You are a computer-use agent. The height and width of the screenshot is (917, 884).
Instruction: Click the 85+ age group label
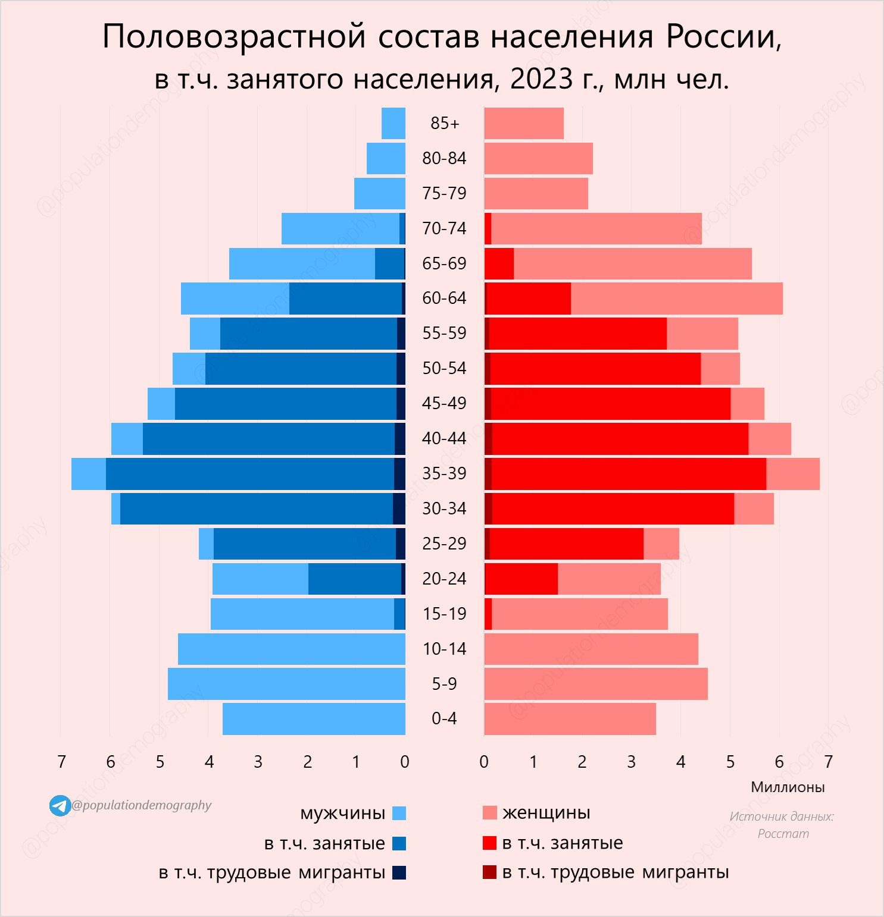pos(445,123)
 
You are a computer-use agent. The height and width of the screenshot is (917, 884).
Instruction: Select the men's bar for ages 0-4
pos(314,718)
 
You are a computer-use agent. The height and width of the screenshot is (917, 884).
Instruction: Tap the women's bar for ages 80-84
pos(538,158)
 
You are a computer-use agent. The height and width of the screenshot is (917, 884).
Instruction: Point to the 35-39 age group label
pos(444,473)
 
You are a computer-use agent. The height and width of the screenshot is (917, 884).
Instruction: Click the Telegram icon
pos(60,806)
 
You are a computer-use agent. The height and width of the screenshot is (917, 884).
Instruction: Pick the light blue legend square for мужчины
pos(399,813)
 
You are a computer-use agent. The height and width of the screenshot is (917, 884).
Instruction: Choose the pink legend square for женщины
pos(489,813)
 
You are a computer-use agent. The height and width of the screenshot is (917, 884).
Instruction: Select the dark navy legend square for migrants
pos(399,872)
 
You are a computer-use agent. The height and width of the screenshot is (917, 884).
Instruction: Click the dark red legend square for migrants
pos(489,872)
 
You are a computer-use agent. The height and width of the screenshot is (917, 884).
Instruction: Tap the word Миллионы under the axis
pos(788,787)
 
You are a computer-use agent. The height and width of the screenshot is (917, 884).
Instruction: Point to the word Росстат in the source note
pos(783,834)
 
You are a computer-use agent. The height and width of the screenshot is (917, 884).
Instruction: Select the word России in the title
pos(723,37)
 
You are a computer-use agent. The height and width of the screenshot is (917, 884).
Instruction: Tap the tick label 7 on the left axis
pos(61,762)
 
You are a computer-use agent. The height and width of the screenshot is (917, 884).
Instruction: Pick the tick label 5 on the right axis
pos(730,762)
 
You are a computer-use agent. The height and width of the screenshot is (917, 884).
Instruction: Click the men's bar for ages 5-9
pos(286,683)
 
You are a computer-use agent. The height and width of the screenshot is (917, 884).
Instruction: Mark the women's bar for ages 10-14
pos(591,649)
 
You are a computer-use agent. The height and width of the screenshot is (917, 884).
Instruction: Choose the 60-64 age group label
pos(444,298)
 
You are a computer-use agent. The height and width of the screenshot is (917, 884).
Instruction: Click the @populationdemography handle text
pos(142,805)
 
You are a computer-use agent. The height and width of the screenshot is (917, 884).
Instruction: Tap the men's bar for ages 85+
pos(393,123)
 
